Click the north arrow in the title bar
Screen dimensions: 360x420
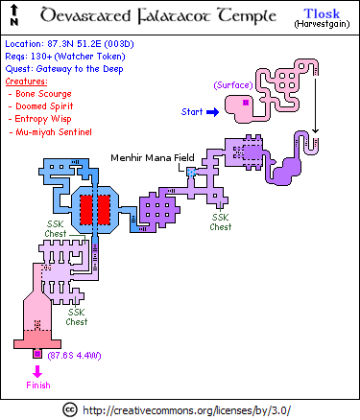click(14, 15)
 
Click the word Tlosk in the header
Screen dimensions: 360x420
click(322, 13)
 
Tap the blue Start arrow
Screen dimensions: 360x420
click(212, 112)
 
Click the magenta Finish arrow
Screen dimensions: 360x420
click(37, 372)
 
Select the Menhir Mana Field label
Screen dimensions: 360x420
click(153, 157)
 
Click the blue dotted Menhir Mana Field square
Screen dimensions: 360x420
click(191, 173)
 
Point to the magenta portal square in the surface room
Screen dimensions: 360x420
click(246, 103)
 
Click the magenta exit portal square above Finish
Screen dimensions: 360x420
click(37, 354)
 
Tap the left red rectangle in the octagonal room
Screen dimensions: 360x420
click(85, 210)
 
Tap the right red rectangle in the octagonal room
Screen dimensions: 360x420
click(104, 210)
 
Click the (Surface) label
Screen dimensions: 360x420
click(233, 85)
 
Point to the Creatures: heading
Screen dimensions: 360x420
click(26, 82)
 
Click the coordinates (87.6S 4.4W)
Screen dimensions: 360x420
click(74, 356)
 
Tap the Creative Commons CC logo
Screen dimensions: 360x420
click(69, 409)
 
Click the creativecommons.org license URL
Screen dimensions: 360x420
click(187, 410)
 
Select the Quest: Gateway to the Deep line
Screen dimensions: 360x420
click(64, 69)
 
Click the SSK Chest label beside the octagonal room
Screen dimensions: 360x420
click(56, 229)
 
